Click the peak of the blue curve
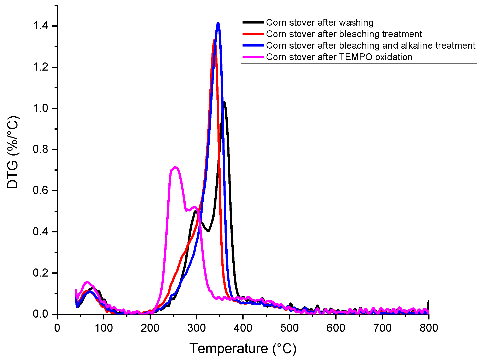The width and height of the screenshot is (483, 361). (218, 24)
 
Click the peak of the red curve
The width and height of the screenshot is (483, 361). (214, 40)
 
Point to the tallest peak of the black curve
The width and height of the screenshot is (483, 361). (224, 102)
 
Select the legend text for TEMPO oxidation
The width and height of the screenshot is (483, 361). (339, 57)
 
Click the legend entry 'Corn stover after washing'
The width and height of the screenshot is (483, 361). (320, 22)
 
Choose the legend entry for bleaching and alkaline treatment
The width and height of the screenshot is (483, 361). (370, 45)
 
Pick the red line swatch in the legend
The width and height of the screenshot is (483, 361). (253, 34)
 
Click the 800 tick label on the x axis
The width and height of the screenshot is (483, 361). (429, 328)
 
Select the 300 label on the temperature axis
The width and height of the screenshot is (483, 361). (196, 328)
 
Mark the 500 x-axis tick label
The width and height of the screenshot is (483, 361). (289, 328)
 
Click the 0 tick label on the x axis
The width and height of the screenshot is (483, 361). (57, 328)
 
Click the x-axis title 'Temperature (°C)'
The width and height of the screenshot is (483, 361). (243, 348)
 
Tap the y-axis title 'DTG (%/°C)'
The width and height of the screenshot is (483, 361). (13, 152)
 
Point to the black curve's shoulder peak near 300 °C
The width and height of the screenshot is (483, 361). (195, 211)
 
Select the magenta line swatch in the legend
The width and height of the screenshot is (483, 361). (253, 57)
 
